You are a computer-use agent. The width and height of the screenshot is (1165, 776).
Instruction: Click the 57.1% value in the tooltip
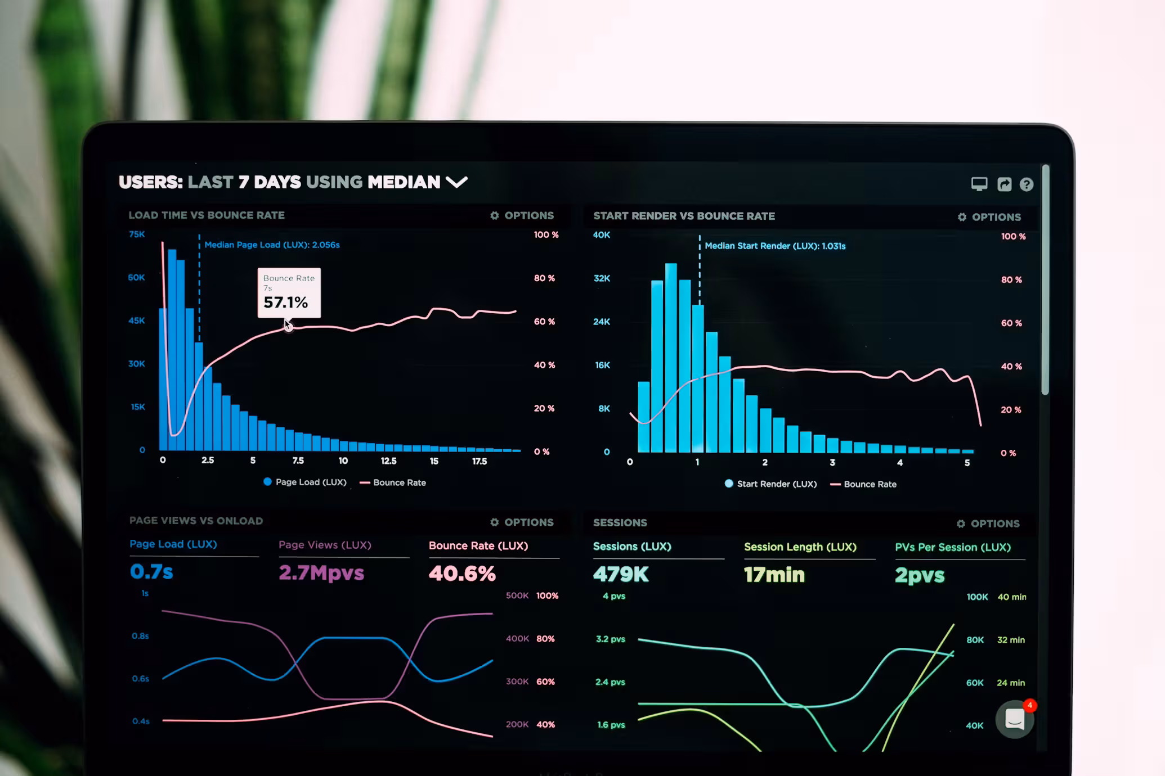pyautogui.click(x=285, y=303)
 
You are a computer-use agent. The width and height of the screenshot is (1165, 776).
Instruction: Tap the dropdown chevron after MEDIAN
pyautogui.click(x=456, y=182)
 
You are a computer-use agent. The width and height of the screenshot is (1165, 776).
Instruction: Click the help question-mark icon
pyautogui.click(x=1026, y=184)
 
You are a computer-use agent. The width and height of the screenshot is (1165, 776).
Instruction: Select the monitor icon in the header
pyautogui.click(x=979, y=184)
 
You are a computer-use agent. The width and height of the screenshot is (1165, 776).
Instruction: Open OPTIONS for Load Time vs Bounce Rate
pyautogui.click(x=522, y=215)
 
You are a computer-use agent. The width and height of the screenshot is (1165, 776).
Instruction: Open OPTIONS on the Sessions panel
pyautogui.click(x=988, y=524)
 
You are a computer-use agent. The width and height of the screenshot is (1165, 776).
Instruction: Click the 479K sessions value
pyautogui.click(x=621, y=574)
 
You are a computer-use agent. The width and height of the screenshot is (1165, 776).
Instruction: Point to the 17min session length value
pyautogui.click(x=774, y=575)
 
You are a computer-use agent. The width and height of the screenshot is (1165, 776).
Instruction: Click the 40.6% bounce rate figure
pyautogui.click(x=462, y=574)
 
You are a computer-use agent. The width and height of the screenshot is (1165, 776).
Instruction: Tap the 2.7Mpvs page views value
pyautogui.click(x=321, y=572)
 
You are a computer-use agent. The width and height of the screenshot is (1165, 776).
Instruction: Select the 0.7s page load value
pyautogui.click(x=151, y=571)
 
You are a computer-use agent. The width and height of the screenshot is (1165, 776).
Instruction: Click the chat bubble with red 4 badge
pyautogui.click(x=1015, y=719)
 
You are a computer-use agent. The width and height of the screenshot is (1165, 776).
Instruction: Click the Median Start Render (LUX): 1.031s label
pyautogui.click(x=774, y=246)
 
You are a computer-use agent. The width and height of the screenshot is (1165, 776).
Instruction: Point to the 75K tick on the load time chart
pyautogui.click(x=137, y=234)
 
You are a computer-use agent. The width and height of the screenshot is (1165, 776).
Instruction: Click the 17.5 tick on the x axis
pyautogui.click(x=479, y=461)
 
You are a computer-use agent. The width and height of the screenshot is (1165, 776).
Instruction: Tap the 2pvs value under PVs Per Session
pyautogui.click(x=920, y=575)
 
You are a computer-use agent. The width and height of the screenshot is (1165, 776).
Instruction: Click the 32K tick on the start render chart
pyautogui.click(x=602, y=278)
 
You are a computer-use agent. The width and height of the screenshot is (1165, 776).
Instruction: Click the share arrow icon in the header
pyautogui.click(x=1004, y=184)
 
